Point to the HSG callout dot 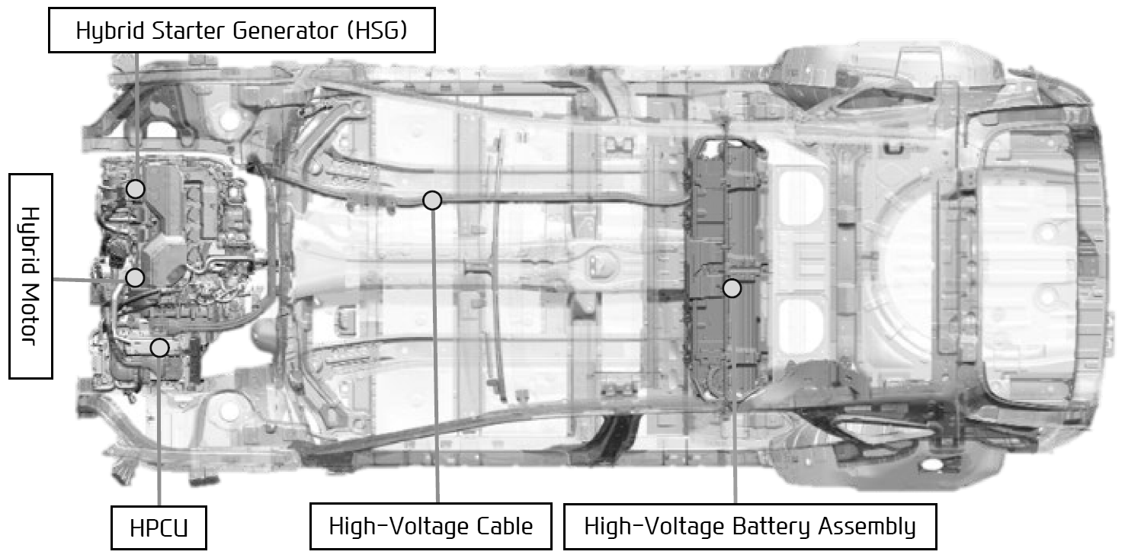135,189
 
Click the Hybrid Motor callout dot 135,277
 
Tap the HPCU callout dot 160,348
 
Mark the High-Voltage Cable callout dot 432,200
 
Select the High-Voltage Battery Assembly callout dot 732,288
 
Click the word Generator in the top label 285,31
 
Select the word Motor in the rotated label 30,315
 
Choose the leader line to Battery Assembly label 734,401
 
